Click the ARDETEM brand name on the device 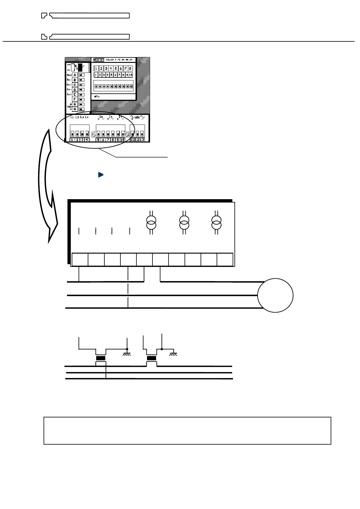pos(99,60)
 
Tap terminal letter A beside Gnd pos(75,75)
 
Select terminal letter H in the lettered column pos(75,109)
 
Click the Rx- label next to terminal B pos(69,80)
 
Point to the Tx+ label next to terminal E pos(69,95)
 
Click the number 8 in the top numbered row pos(130,69)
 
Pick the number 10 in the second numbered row pos(131,75)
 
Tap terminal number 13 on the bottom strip pos(142,140)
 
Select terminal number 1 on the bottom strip pos(72,140)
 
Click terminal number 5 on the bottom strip pos(99,140)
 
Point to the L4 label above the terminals pos(87,117)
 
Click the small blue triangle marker pos(101,175)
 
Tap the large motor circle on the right pos(275,295)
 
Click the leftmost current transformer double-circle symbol pos(151,222)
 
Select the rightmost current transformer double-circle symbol pos(216,222)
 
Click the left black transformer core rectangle pos(100,358)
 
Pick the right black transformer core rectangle pos(151,358)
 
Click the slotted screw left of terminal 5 pos(94,135)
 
